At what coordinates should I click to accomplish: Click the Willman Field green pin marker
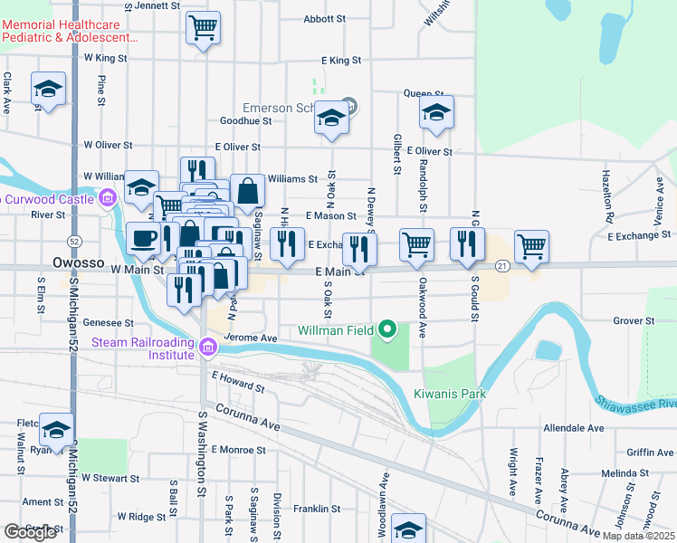pyautogui.click(x=388, y=329)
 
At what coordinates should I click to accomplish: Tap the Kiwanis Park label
pyautogui.click(x=450, y=394)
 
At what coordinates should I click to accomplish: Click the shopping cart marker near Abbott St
pyautogui.click(x=203, y=27)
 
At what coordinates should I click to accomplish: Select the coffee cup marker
pyautogui.click(x=143, y=239)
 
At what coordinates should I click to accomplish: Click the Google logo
pyautogui.click(x=30, y=532)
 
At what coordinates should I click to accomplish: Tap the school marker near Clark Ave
pyautogui.click(x=48, y=89)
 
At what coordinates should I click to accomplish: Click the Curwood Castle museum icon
pyautogui.click(x=108, y=197)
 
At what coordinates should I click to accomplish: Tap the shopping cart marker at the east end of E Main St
pyautogui.click(x=531, y=245)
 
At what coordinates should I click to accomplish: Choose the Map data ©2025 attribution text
pyautogui.click(x=638, y=536)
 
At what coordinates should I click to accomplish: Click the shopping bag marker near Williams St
pyautogui.click(x=247, y=190)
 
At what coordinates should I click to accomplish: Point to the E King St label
pyautogui.click(x=341, y=61)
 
